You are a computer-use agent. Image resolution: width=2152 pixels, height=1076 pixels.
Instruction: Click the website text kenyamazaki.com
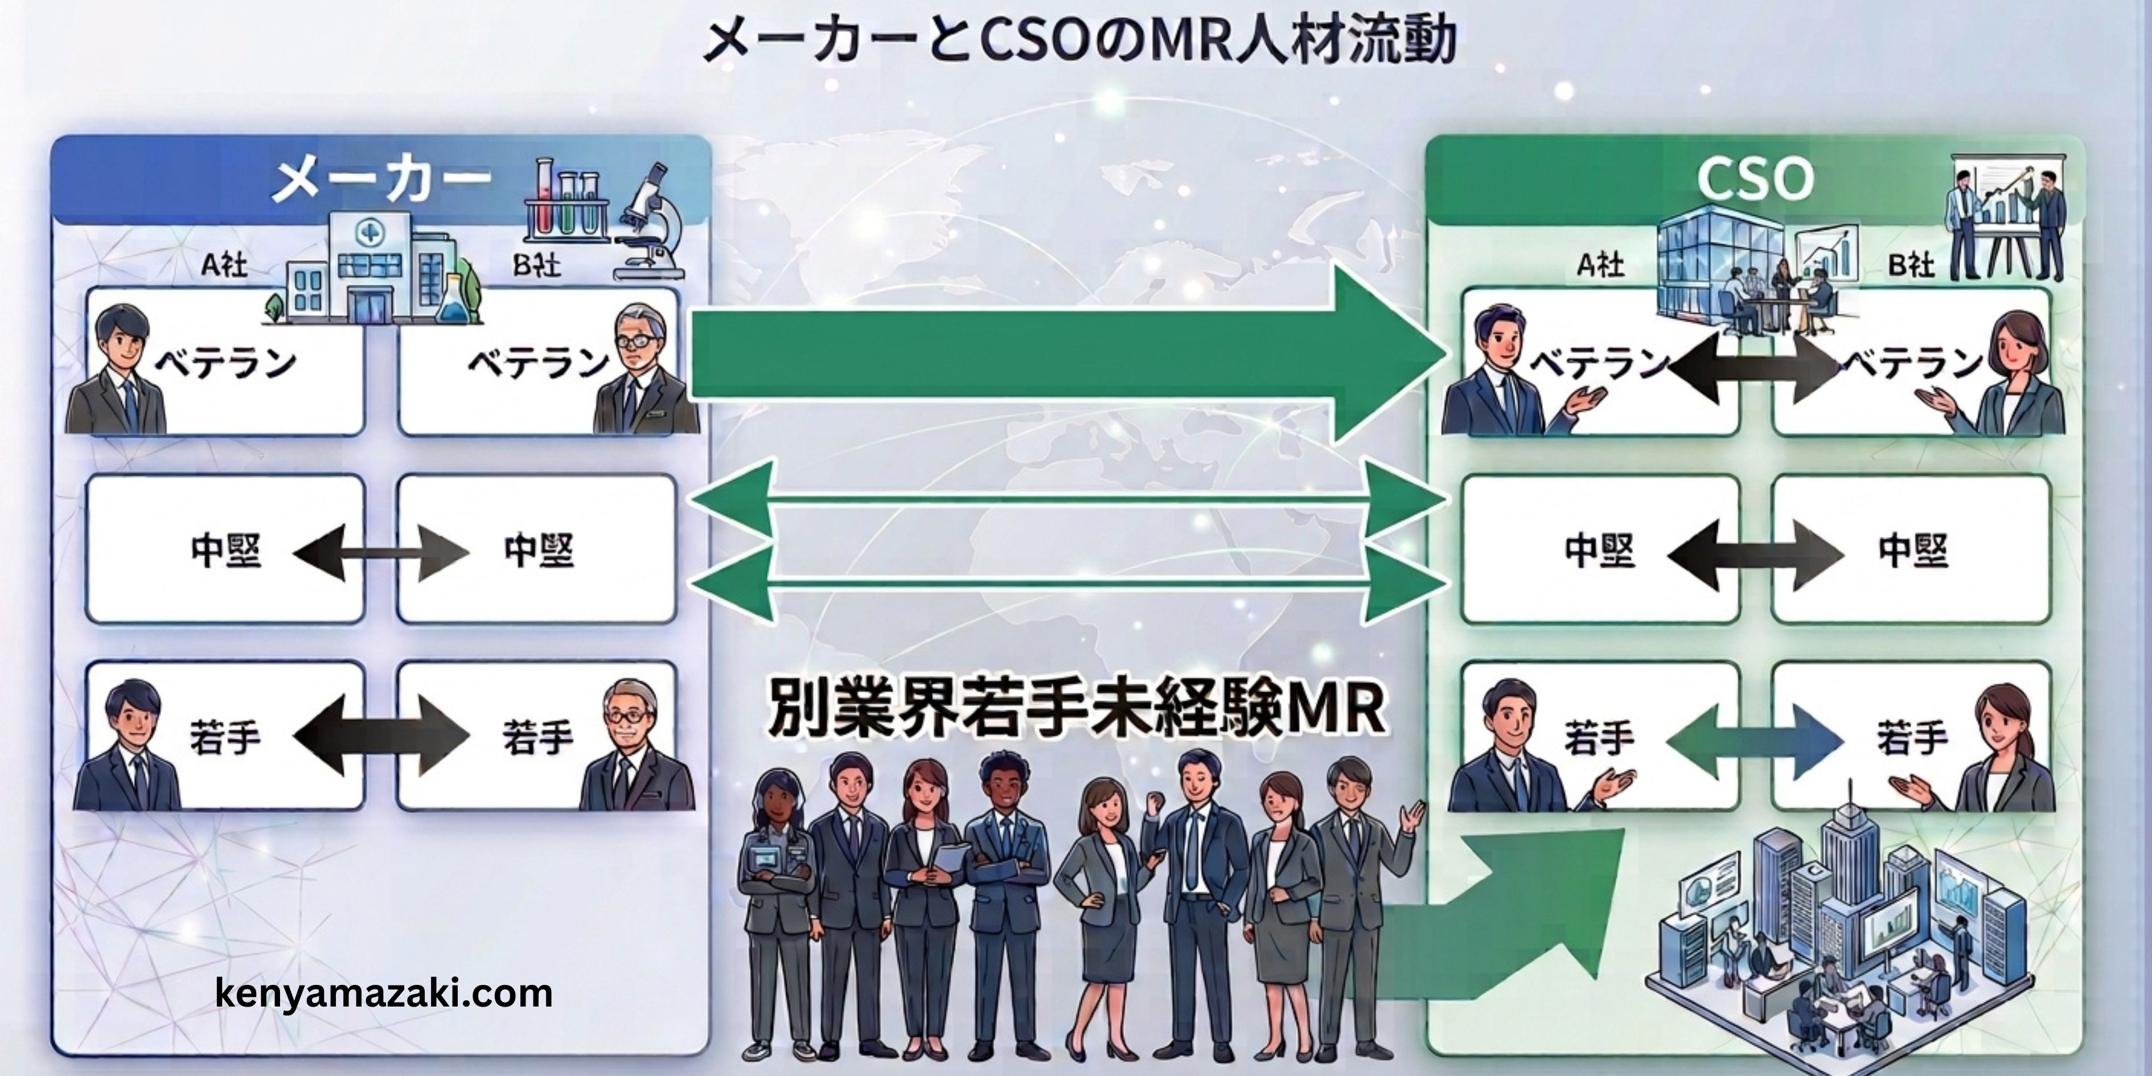(x=384, y=994)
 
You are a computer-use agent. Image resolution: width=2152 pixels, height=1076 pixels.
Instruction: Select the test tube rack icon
(x=565, y=203)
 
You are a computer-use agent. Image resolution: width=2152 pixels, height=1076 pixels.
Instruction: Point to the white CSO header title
(x=1756, y=178)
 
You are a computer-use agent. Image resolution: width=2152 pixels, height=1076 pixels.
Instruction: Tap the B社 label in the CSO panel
(x=1911, y=265)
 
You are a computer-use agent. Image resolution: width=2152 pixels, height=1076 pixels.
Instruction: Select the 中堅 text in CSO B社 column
(x=1912, y=551)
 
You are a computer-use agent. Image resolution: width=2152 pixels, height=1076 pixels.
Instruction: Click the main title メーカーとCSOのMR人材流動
(x=1079, y=40)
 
